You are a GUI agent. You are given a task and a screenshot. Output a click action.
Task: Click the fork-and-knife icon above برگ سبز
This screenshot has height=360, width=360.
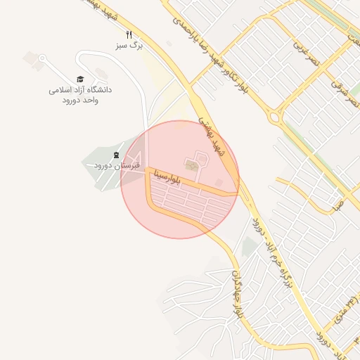(129, 34)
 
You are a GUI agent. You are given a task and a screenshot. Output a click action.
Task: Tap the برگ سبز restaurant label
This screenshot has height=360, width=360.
(129, 45)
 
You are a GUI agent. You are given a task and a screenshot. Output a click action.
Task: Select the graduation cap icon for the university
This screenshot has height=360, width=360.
(80, 79)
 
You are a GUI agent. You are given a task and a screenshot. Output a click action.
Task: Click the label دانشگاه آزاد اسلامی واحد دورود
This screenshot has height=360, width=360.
(80, 95)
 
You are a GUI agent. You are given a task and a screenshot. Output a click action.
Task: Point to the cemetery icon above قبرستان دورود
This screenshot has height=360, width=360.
(116, 154)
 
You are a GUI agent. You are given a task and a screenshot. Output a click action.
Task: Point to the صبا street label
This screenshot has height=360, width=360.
(338, 203)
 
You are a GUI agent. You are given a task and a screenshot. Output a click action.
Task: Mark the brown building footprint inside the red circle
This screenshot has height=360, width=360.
(191, 165)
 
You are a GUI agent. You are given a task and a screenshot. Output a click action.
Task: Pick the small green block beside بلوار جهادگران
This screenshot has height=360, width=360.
(249, 247)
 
